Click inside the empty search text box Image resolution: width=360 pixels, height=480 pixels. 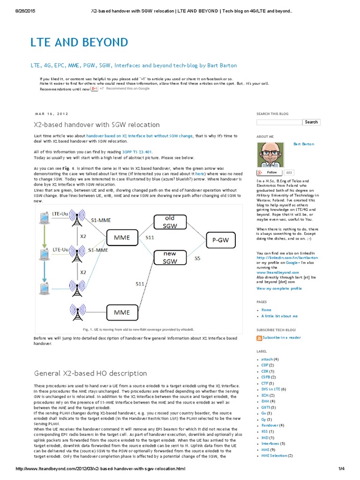click(279, 122)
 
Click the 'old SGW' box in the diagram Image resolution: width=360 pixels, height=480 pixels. click(170, 223)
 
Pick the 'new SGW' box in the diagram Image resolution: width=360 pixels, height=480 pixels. click(170, 258)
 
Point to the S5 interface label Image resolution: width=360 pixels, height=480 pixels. click(197, 258)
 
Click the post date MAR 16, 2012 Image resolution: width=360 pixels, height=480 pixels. click(51, 113)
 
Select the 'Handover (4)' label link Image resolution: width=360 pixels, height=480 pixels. click(272, 425)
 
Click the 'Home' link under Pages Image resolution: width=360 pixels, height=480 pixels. click(266, 310)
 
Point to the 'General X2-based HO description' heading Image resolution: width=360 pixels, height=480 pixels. click(90, 373)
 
